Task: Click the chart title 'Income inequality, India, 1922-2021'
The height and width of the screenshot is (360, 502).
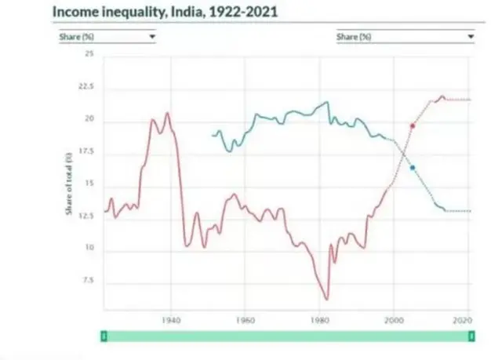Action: click(165, 13)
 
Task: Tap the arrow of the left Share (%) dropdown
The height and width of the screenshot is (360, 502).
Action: click(151, 37)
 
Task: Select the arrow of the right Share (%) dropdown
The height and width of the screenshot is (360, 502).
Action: click(471, 37)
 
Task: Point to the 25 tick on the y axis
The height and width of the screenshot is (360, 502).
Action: click(89, 53)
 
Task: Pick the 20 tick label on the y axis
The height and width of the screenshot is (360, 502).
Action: click(89, 119)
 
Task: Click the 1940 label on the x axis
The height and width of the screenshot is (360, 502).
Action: click(172, 320)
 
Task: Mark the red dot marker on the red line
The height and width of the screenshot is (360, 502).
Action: click(413, 125)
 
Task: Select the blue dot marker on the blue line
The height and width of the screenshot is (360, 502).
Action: click(413, 168)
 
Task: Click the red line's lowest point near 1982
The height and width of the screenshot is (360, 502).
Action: click(326, 299)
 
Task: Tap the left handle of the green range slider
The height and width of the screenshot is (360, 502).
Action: click(104, 336)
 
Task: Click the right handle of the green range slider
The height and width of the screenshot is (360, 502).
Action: click(471, 336)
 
